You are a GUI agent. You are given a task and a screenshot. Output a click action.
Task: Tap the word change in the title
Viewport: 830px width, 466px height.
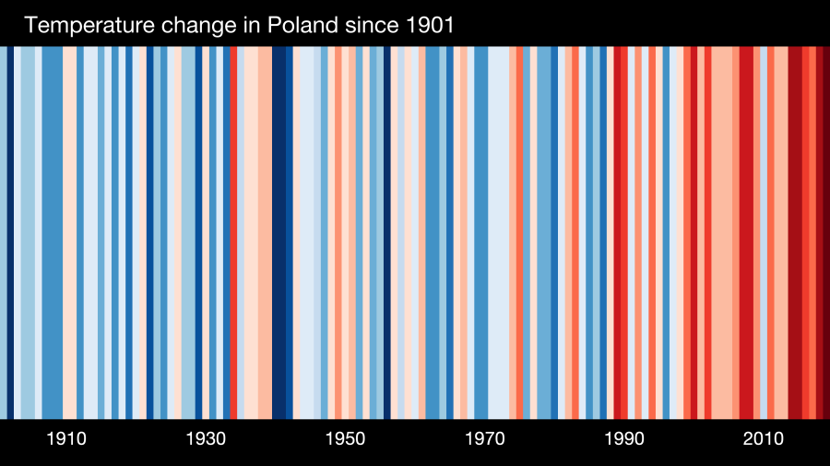tap(196, 26)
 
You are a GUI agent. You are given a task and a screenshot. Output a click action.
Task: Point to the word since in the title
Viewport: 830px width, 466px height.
tap(369, 26)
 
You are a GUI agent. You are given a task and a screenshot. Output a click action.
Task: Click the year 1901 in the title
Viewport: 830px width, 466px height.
tap(428, 26)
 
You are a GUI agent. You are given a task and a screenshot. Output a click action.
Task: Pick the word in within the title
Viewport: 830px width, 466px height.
tap(251, 26)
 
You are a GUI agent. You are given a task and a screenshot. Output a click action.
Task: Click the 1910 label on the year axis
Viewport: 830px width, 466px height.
tap(66, 438)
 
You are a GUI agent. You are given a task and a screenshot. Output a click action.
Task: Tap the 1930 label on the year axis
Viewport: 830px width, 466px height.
tap(206, 438)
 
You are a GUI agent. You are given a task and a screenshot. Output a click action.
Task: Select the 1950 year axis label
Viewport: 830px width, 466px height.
tap(345, 438)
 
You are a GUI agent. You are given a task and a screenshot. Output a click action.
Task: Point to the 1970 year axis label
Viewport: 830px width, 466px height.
tap(485, 438)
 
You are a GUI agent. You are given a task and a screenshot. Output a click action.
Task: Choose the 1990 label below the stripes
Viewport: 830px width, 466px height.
tap(624, 438)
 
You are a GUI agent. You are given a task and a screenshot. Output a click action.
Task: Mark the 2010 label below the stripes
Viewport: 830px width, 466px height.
tap(764, 438)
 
